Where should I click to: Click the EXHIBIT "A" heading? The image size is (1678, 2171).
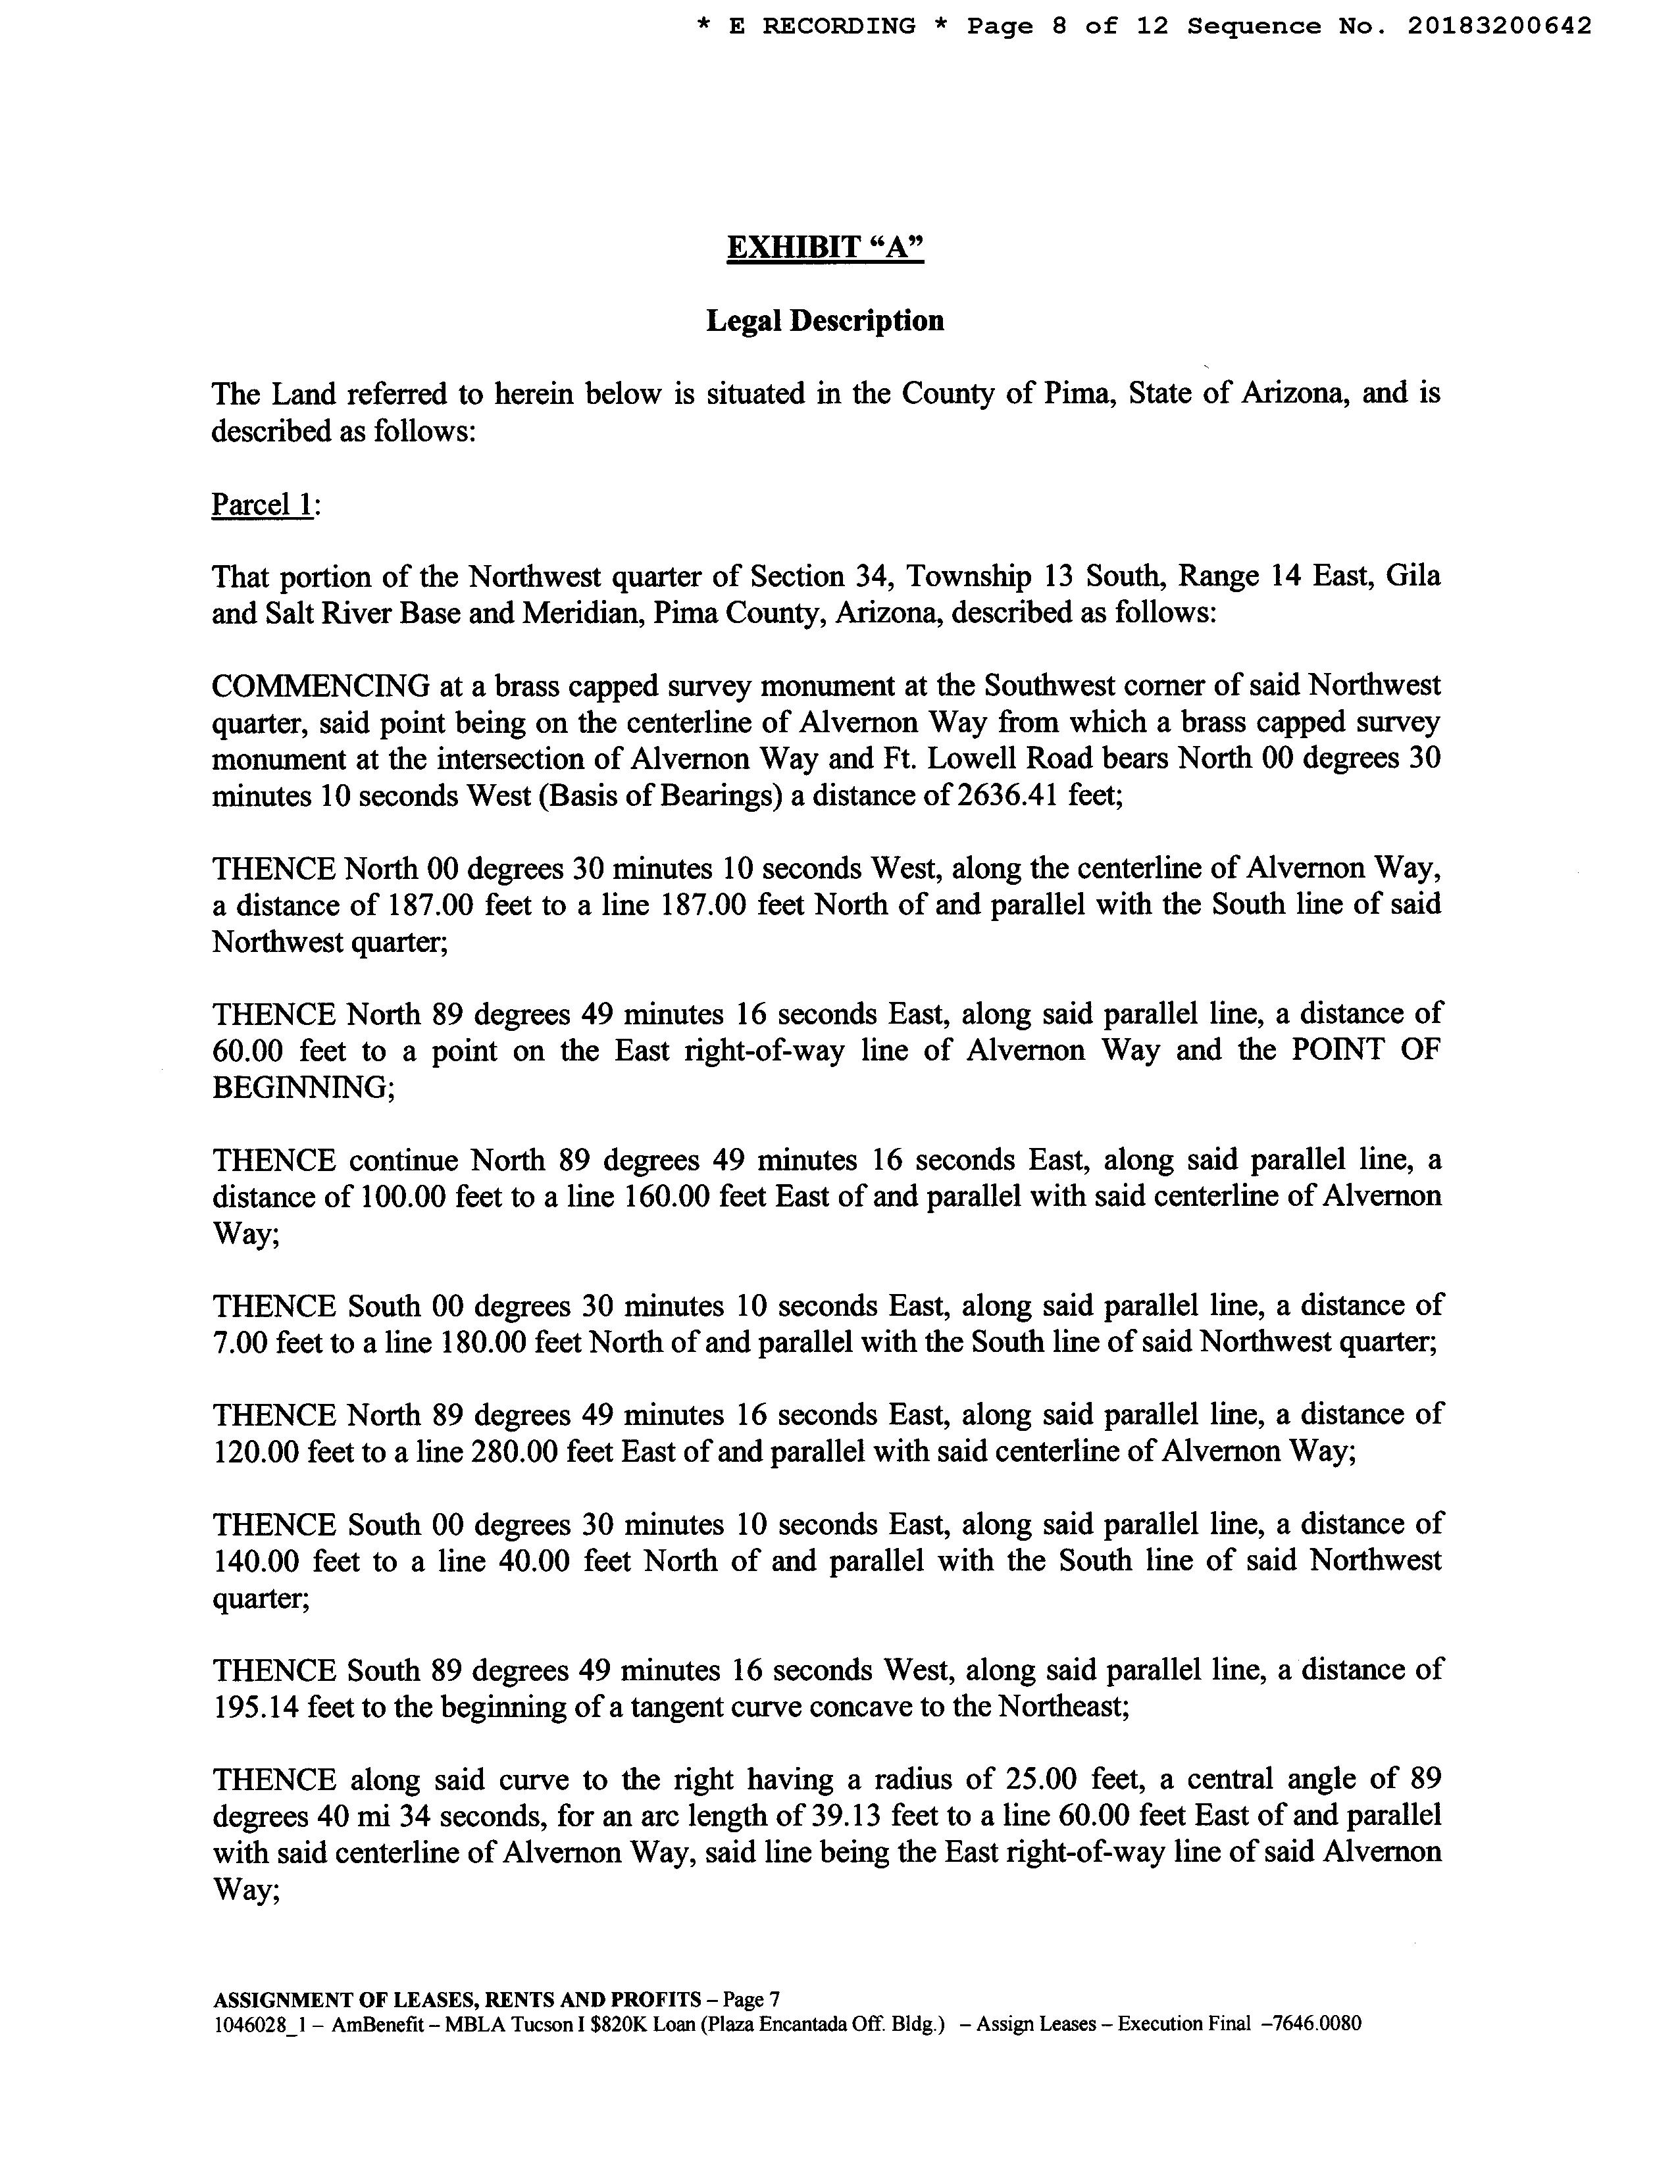(x=825, y=247)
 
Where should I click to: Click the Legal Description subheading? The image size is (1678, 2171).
(x=825, y=321)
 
